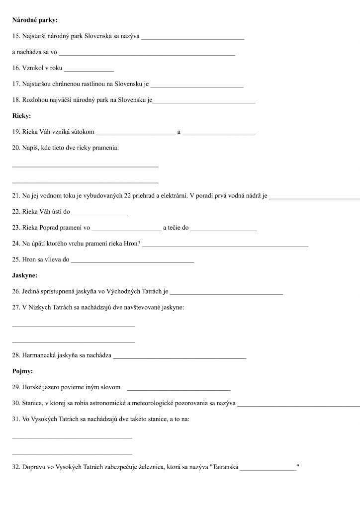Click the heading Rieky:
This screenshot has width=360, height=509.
tap(21, 116)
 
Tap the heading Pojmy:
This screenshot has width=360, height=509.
tap(23, 371)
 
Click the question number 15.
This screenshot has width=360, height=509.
tap(15, 36)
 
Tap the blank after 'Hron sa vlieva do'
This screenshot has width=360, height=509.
tap(132, 260)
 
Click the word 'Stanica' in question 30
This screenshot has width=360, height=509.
tap(32, 403)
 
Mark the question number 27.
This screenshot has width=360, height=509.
tap(15, 308)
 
